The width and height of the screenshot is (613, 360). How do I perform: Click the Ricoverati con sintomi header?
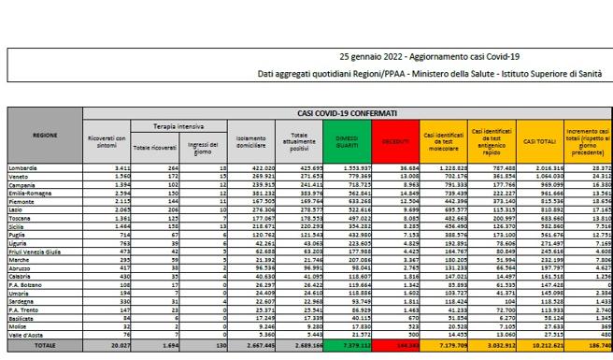(x=107, y=141)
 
